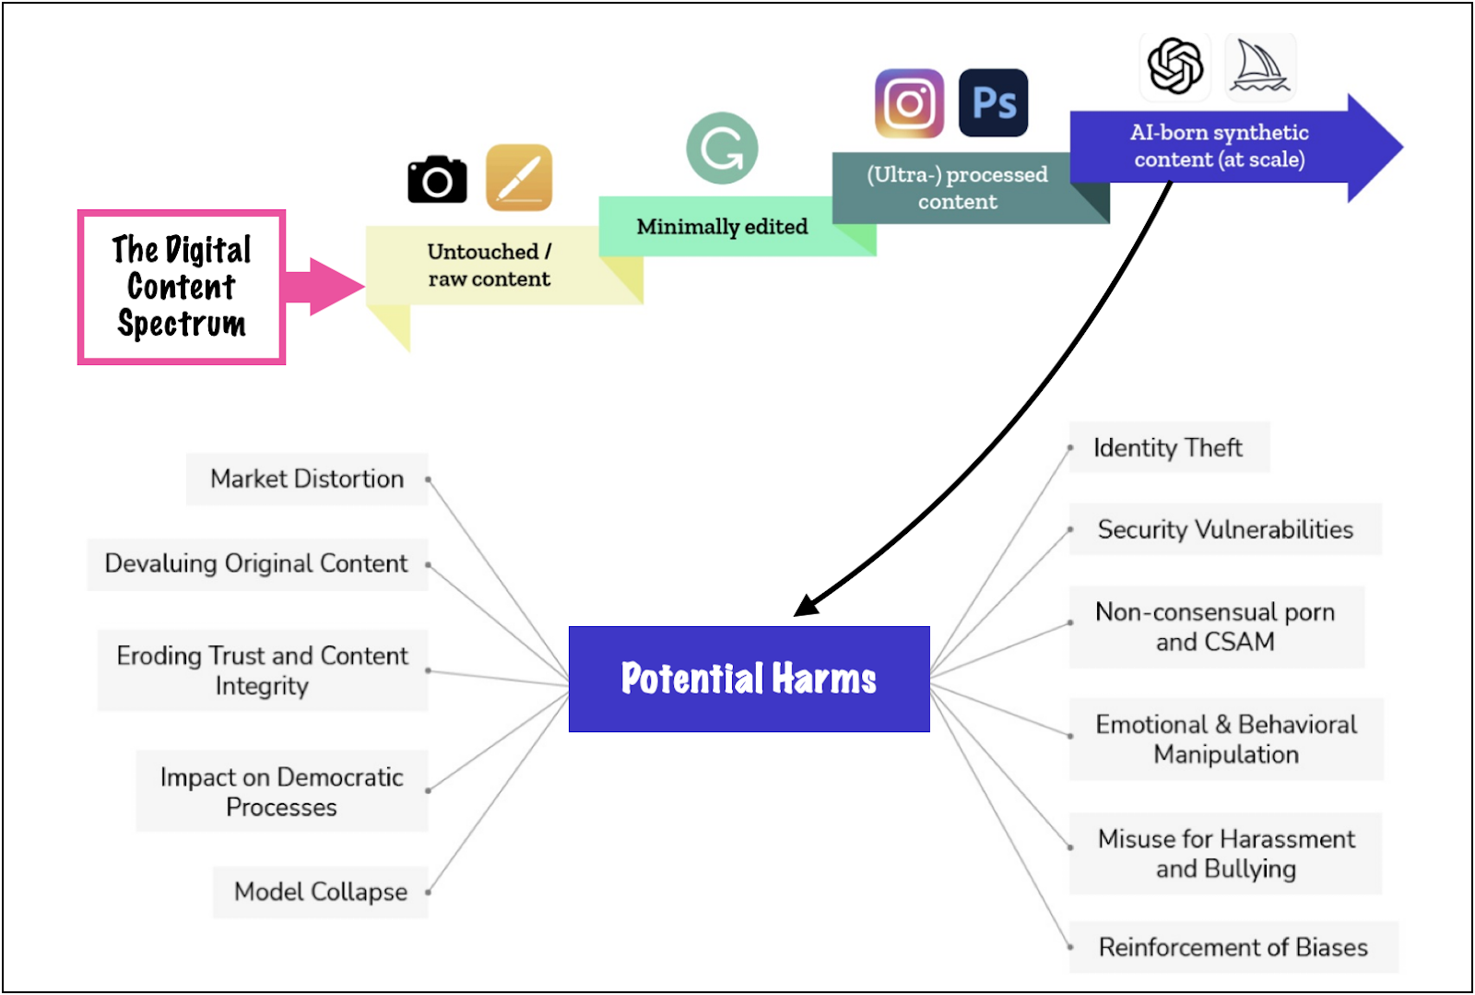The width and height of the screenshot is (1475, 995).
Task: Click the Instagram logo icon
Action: [909, 103]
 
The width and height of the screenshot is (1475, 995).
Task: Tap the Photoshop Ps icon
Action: [993, 102]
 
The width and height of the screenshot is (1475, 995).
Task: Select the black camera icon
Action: [437, 179]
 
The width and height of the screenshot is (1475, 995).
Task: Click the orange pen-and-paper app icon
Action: [519, 178]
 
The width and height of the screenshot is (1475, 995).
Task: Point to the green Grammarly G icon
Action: [722, 148]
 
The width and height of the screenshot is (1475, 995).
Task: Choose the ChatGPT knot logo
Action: [1175, 66]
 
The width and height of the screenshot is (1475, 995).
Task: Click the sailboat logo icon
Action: [1260, 66]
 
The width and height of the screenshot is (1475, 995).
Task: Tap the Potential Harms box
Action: [749, 679]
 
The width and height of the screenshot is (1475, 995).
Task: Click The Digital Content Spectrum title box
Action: [182, 287]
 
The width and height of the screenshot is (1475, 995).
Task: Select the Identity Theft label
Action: [1168, 448]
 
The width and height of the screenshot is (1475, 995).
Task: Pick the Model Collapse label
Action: [320, 892]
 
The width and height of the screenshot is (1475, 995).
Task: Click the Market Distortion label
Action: [307, 479]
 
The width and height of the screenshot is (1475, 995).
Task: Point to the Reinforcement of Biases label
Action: [1233, 947]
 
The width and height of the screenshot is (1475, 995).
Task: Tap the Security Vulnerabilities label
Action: [1225, 529]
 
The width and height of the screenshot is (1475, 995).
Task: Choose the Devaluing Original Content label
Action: [256, 563]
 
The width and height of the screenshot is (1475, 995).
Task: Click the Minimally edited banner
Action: [722, 227]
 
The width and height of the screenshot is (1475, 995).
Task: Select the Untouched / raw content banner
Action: [489, 266]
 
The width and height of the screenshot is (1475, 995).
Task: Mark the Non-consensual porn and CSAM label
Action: [1215, 627]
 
